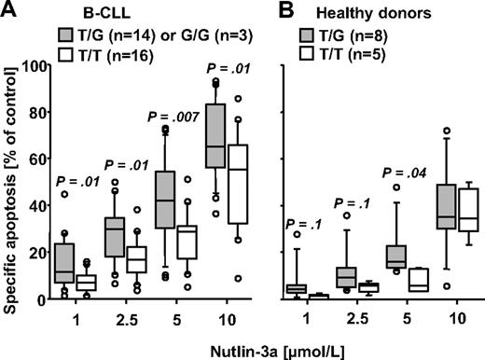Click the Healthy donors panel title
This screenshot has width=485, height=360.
pyautogui.click(x=365, y=11)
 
